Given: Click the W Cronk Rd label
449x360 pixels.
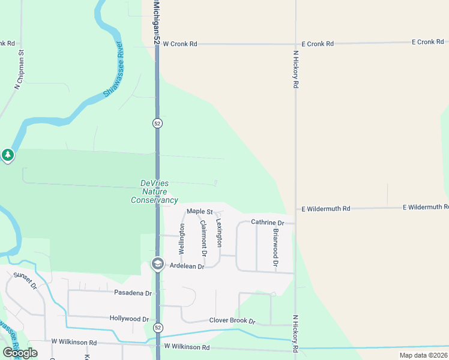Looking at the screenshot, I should pos(179,44).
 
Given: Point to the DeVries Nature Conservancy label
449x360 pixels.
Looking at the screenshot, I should pos(154,191).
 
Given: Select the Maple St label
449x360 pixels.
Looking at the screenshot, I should pos(200,211).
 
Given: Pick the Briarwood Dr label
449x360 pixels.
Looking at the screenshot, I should pos(276,247).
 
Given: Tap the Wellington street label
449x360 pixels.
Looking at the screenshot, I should pos(181,238).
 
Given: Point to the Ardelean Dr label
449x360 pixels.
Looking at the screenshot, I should pos(187,266).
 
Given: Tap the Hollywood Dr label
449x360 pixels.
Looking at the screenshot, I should pos(129,319).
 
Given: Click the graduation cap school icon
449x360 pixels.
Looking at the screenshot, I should pos(157,264).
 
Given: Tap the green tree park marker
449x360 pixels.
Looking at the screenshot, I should pos(7,156).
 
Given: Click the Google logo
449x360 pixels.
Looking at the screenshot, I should pos(20,352).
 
